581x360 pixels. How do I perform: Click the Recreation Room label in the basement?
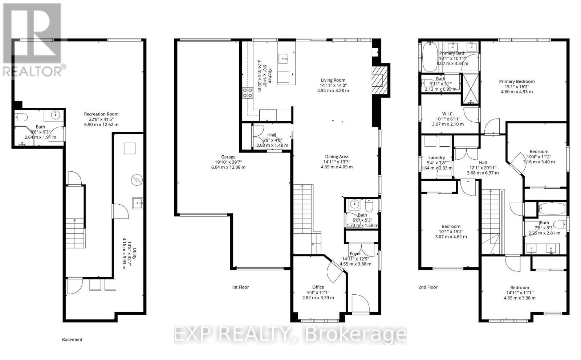(x=101, y=114)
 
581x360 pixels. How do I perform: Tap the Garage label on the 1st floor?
(x=228, y=157)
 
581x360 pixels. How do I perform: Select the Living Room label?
(x=333, y=80)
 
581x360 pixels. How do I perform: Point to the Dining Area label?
(x=337, y=157)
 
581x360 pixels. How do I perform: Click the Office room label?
(x=318, y=287)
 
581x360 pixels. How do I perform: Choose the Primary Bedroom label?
(x=517, y=82)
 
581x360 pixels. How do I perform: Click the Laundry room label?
(x=436, y=157)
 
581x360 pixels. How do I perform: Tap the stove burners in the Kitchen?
(x=248, y=93)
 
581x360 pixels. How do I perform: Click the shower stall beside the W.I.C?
(x=470, y=89)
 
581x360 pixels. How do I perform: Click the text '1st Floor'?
(x=240, y=287)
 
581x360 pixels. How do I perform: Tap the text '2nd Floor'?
(x=428, y=287)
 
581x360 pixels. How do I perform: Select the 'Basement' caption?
(x=72, y=340)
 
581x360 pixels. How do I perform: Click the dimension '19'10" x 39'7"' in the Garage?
(x=228, y=162)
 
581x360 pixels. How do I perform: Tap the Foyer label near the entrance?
(x=355, y=254)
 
